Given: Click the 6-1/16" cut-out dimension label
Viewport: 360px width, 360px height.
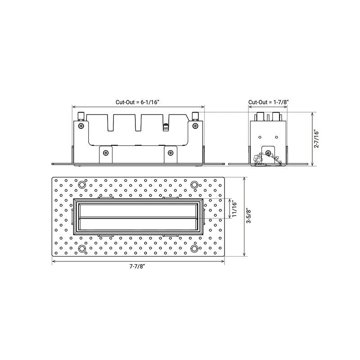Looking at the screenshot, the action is pos(137,102).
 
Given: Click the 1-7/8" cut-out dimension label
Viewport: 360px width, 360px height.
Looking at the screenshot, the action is pos(268,102).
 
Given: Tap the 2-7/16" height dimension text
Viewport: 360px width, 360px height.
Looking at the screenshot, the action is pos(317,139).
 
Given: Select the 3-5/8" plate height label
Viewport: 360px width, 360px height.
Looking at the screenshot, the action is pos(249,216).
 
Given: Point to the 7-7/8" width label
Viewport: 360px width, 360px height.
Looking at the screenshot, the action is pos(138,266).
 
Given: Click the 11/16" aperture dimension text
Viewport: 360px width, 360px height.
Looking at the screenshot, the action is pos(234,209).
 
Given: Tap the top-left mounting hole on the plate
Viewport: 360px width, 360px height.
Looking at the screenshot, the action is pos(81,184).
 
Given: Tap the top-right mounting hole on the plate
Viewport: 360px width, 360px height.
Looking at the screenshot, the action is pos(194,184).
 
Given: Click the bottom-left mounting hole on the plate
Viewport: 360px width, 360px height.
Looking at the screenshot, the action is pos(81,248).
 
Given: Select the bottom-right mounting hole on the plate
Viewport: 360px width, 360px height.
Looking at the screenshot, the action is pos(194,248).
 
